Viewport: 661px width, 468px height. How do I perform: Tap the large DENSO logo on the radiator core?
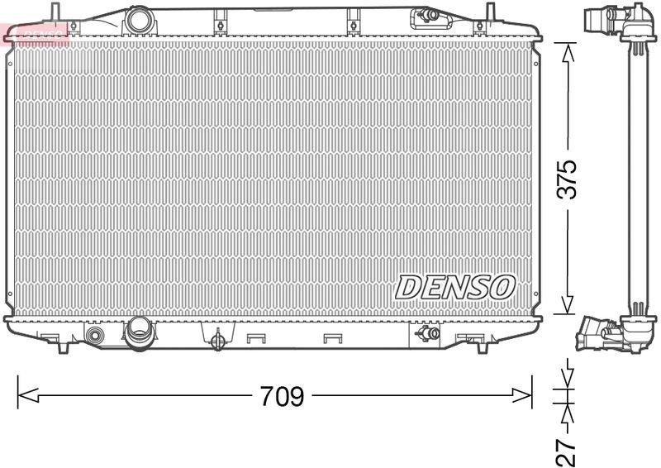coord(455,287)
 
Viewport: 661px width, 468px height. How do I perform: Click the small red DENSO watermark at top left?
coord(35,31)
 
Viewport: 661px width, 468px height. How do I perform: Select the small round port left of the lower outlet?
coord(96,336)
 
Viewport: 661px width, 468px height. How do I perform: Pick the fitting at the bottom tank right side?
coord(427,333)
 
